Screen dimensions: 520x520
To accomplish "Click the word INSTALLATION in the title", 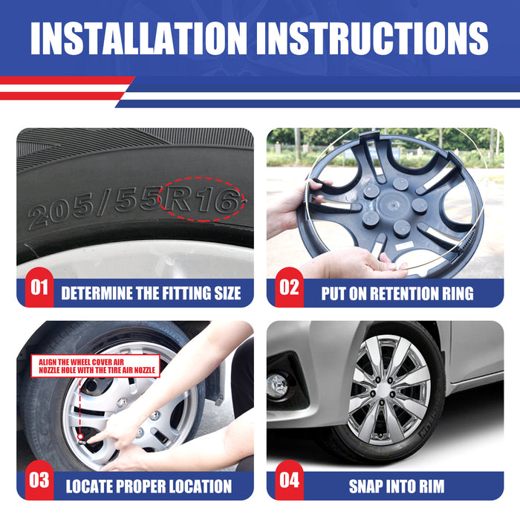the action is click(x=139, y=38).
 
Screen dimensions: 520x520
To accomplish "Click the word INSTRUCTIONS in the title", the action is click(x=372, y=38).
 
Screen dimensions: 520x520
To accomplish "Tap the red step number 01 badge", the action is click(x=39, y=287).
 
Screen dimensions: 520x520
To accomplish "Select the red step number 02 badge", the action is click(x=289, y=287).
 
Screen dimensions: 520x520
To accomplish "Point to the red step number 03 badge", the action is click(x=39, y=480).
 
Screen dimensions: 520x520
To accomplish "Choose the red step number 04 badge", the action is click(x=289, y=480).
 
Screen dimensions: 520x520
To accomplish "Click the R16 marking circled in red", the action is click(x=201, y=199).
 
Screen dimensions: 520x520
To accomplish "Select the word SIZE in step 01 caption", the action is click(x=228, y=293).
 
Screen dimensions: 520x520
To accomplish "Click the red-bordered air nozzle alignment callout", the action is click(x=96, y=365).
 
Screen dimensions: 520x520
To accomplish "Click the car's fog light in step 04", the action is click(x=278, y=386).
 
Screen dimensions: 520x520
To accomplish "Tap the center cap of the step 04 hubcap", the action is click(x=383, y=389).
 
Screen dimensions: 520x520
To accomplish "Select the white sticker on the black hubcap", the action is click(x=405, y=246).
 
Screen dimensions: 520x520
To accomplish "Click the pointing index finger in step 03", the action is click(x=99, y=438).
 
